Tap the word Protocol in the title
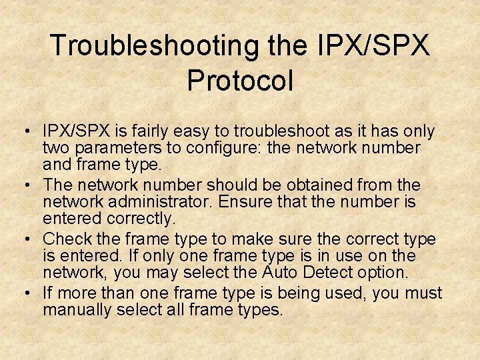(240, 80)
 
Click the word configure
(221, 147)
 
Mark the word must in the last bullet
(423, 293)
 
